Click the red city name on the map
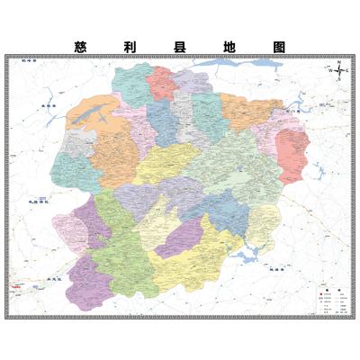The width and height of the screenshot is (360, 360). pos(17,287)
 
